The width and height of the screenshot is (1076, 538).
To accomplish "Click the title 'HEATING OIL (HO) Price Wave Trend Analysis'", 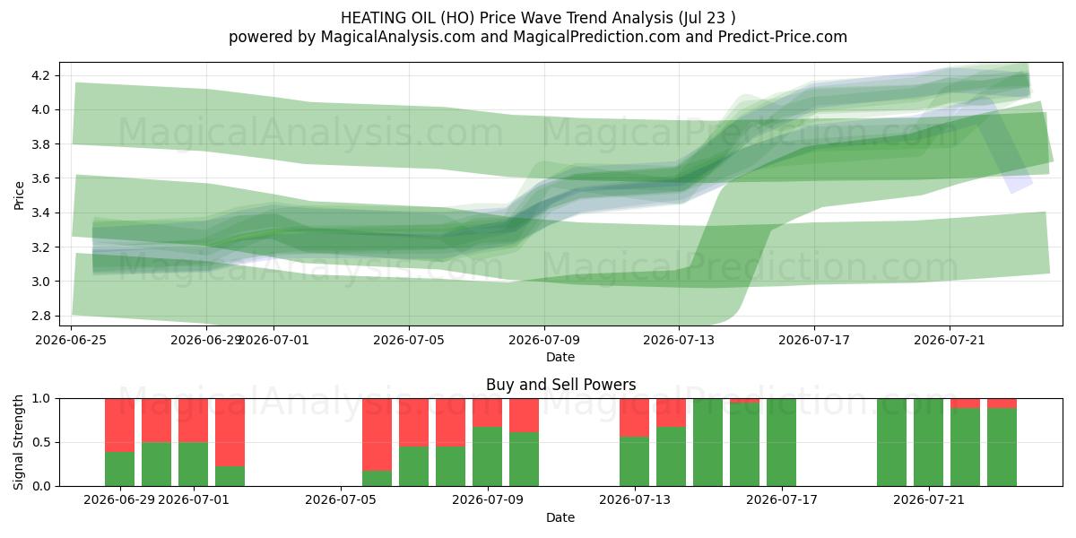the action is click(507, 18).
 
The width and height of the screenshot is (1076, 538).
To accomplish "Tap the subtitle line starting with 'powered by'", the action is click(537, 37).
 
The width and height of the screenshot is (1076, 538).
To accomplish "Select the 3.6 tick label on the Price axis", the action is click(41, 178).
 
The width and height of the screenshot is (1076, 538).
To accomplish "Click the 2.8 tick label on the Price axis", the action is click(41, 316).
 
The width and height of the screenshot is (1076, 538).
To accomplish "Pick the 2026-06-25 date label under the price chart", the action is click(71, 340).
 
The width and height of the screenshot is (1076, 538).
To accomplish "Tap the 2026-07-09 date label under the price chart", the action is click(544, 340).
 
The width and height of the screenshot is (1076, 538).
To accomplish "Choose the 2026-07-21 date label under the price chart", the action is click(950, 340).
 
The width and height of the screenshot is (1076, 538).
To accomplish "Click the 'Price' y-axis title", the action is click(19, 195).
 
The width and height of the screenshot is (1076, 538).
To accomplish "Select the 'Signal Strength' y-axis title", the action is click(18, 442).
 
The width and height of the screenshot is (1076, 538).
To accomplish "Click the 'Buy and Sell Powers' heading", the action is click(560, 385).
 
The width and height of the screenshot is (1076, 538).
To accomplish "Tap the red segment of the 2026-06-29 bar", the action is click(119, 425).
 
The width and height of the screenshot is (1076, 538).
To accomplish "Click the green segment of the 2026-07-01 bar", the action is click(193, 464).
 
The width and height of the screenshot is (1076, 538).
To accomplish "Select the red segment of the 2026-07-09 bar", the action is click(487, 412).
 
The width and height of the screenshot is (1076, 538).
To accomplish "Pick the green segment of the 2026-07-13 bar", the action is click(634, 462).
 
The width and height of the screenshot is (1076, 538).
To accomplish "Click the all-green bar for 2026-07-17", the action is click(781, 442).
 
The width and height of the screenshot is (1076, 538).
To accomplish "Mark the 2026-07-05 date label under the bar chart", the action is click(341, 499).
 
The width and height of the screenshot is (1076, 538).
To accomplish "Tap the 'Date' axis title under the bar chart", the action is click(560, 517).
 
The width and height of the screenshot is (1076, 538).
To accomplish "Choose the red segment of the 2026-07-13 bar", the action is click(634, 418).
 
